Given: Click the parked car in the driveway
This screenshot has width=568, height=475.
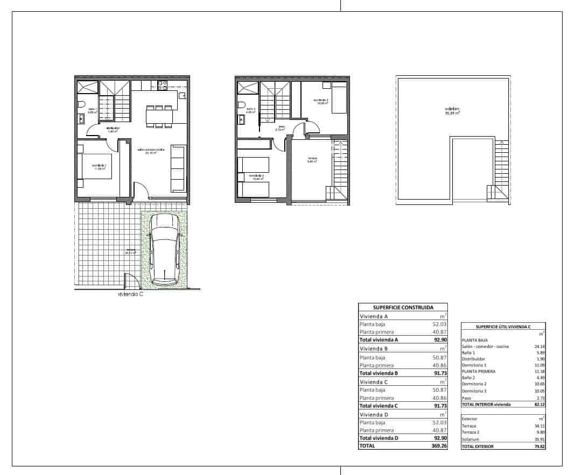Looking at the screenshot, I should [x=165, y=249].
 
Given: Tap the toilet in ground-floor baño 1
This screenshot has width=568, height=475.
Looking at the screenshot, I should [x=81, y=104].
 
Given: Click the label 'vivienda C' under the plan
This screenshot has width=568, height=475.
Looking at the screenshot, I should [x=130, y=294].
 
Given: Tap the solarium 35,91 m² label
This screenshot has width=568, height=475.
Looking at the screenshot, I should [x=452, y=111].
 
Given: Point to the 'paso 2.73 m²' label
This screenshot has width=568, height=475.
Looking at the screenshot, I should [x=281, y=129].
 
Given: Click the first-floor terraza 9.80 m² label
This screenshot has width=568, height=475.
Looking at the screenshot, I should [x=313, y=160].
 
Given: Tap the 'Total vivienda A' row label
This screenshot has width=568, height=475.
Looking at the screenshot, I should [x=378, y=339].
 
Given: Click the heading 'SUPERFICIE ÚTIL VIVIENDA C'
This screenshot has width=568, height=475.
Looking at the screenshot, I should [x=503, y=327].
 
